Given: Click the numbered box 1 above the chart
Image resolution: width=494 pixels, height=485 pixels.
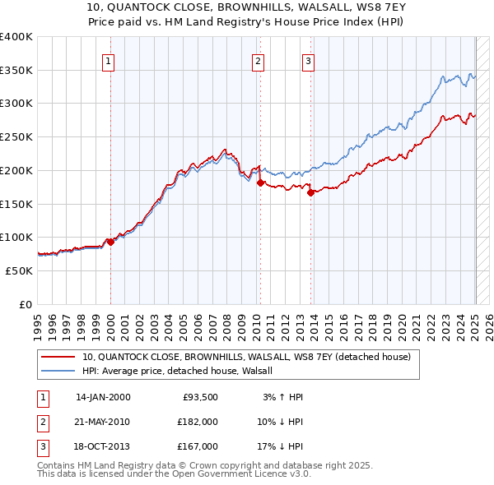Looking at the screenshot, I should coord(110,60).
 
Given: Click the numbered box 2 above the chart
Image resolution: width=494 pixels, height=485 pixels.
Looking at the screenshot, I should coord(258,60).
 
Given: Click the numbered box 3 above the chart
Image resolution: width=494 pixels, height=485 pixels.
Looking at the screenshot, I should coord(308,60).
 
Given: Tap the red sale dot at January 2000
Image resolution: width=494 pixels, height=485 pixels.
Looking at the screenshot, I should coord(110,242).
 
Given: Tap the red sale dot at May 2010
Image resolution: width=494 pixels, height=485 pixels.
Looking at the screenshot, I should coord(260,182).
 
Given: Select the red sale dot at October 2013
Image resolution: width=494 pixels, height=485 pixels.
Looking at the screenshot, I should coord(310,193).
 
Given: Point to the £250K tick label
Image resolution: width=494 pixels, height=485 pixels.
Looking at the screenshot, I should coord(16,136).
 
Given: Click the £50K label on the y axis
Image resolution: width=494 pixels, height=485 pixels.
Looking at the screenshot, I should coord(19,270).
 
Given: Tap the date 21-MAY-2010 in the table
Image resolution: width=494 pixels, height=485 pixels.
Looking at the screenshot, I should coord(102,422).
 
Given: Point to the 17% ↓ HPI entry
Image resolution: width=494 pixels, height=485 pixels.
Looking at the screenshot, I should coord(279,446).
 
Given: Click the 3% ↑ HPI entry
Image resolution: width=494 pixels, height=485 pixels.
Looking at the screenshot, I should coord(282,397).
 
